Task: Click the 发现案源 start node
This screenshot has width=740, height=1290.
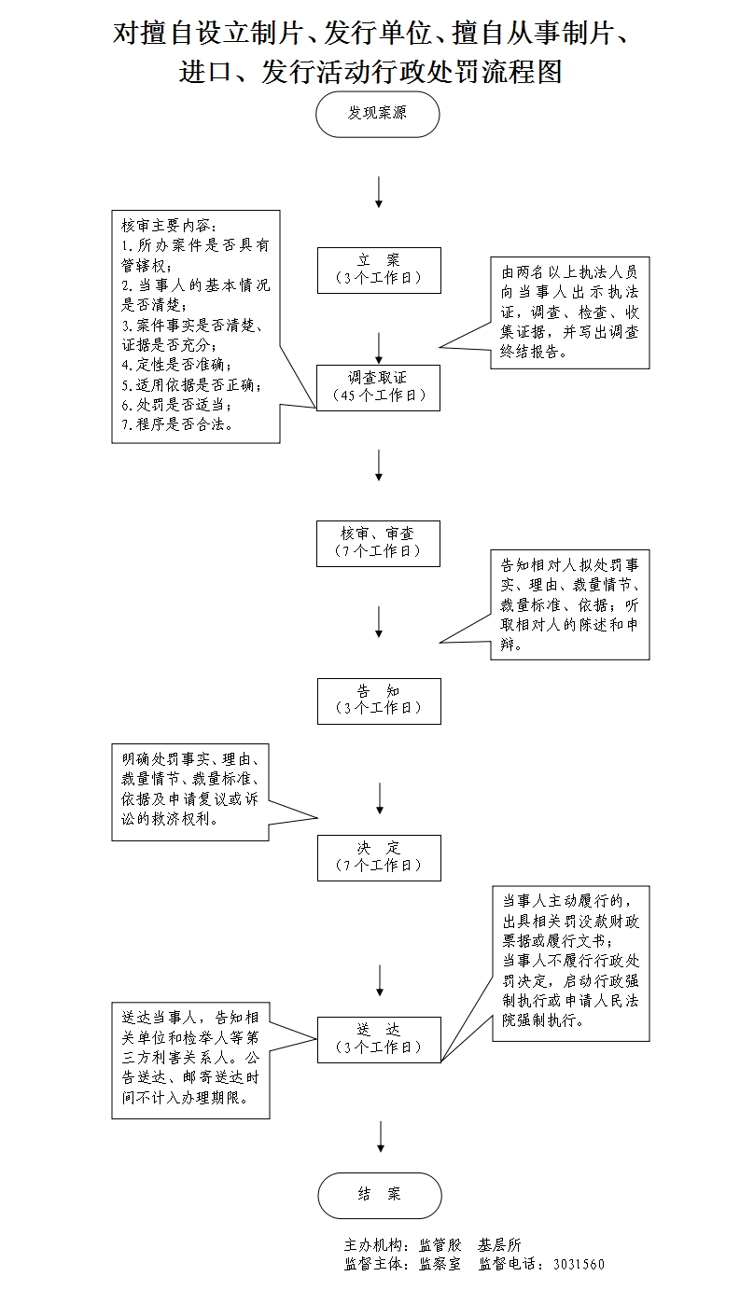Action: click(x=378, y=114)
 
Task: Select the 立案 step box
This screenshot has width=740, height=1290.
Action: click(x=378, y=270)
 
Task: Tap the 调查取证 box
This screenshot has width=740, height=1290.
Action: click(x=378, y=387)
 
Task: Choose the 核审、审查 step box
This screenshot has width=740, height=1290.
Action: click(x=378, y=543)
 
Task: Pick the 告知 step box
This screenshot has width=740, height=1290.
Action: click(x=378, y=700)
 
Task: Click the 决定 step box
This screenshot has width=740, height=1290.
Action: click(x=378, y=857)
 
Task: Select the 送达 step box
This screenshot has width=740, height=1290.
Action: click(x=378, y=1038)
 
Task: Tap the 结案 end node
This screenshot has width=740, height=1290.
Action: click(x=379, y=1195)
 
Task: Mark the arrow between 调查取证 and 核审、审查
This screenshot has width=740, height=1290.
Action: click(x=379, y=465)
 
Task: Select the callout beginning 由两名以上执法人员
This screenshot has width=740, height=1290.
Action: click(x=569, y=312)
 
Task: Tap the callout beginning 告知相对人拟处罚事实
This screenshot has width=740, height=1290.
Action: click(x=569, y=604)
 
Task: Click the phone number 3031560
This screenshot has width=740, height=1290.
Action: click(x=579, y=1265)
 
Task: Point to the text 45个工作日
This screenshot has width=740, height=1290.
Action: click(x=379, y=395)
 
